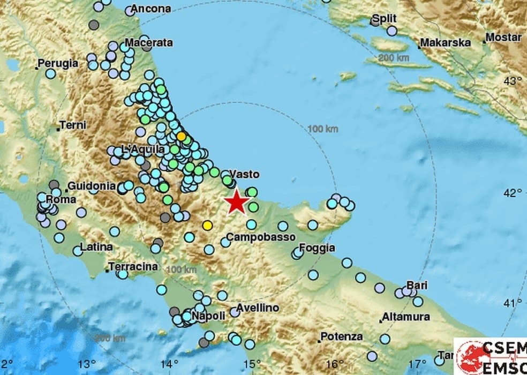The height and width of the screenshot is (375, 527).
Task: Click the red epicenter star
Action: (236, 202)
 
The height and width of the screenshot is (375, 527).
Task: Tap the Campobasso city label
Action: (253, 236)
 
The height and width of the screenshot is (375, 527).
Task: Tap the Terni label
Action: (73, 125)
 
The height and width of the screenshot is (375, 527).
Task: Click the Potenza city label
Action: (341, 337)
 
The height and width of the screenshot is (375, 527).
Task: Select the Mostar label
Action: (503, 37)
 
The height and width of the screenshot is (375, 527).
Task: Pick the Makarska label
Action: (445, 42)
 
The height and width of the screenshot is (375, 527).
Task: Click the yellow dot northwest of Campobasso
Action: (207, 226)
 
